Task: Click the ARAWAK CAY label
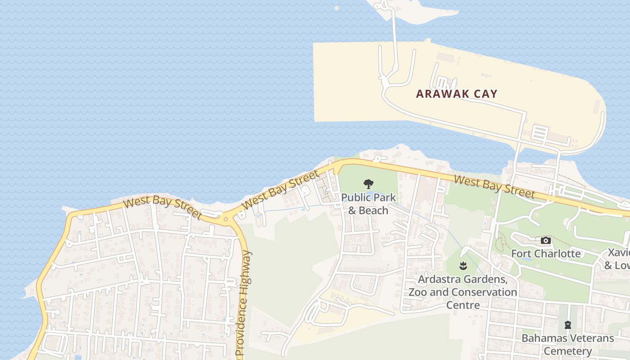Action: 456,94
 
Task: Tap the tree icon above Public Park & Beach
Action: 369,184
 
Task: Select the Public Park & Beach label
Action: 368,203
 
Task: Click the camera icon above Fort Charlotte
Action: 545,241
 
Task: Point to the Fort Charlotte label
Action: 545,253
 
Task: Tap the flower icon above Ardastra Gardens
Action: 463,266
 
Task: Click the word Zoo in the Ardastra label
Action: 417,292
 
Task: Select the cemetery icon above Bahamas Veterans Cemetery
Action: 567,324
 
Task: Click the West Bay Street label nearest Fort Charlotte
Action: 494,186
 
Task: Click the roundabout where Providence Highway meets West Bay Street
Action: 226,219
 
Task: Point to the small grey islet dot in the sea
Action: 337,8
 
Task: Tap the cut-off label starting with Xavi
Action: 618,258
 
